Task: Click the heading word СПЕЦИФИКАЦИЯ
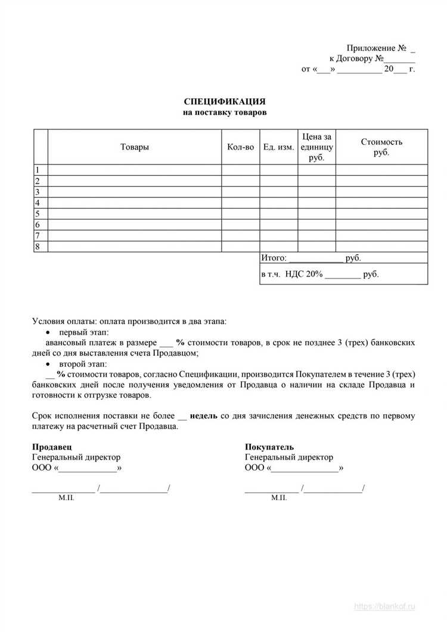click(x=224, y=102)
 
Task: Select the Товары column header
click(x=135, y=147)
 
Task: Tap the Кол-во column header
click(x=240, y=147)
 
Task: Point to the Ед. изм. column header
click(x=278, y=147)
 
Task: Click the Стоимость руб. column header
click(x=381, y=147)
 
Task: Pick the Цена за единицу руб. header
click(x=316, y=147)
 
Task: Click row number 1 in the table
click(x=38, y=170)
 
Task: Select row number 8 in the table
click(x=38, y=246)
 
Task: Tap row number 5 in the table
click(x=38, y=213)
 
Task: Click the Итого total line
click(x=311, y=258)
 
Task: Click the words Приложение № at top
click(x=376, y=48)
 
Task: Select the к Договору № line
click(x=364, y=58)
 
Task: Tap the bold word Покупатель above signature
click(x=269, y=447)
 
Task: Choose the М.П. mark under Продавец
click(x=66, y=497)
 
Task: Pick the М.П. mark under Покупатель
click(x=279, y=497)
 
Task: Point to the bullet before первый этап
click(x=49, y=332)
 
